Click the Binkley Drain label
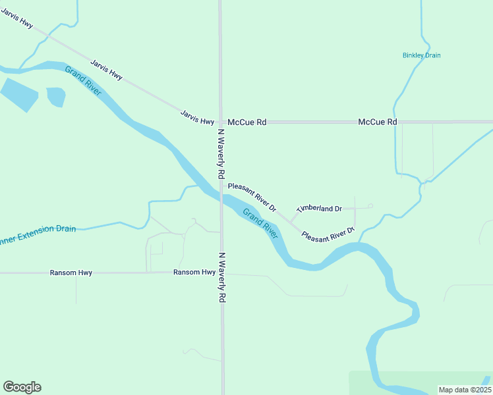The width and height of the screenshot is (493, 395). click(421, 55)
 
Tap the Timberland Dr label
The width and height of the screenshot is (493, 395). click(320, 209)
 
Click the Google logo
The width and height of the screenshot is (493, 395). click(22, 387)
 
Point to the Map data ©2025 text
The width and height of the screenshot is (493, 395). click(465, 390)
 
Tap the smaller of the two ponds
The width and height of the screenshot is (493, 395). click(56, 97)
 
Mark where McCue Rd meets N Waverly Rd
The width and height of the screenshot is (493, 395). click(221, 122)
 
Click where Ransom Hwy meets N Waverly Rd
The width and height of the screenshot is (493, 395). click(221, 272)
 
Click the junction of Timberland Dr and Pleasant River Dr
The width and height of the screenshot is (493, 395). click(291, 221)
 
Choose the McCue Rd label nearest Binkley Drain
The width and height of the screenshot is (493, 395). click(378, 122)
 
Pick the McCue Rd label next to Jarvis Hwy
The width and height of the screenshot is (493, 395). click(247, 122)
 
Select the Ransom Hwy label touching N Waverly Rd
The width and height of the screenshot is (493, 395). click(194, 272)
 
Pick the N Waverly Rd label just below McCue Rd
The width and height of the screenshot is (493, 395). click(222, 155)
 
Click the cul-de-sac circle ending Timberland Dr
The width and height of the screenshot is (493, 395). click(370, 206)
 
